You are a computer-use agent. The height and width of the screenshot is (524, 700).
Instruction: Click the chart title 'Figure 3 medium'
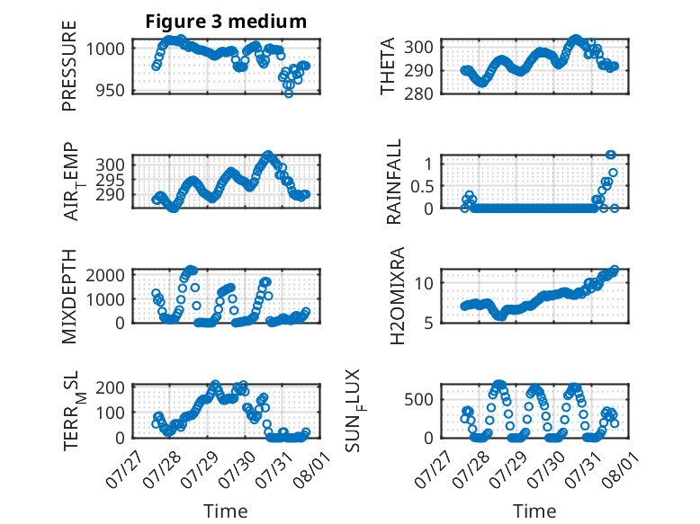tap(226, 22)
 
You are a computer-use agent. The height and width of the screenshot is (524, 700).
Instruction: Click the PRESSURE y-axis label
tap(69, 66)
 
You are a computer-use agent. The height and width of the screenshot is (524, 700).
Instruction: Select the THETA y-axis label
tap(388, 66)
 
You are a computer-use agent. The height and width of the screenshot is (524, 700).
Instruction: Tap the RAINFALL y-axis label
tap(394, 182)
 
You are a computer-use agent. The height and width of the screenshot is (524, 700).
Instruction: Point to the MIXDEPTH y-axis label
tap(69, 297)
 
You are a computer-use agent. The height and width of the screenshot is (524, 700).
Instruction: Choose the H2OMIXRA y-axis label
tap(397, 296)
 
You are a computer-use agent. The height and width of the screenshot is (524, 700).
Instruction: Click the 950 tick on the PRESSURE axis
tap(110, 91)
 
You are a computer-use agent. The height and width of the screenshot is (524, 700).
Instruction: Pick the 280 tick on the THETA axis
tap(418, 94)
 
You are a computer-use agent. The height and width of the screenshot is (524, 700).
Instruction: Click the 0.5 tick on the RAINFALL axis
tap(422, 186)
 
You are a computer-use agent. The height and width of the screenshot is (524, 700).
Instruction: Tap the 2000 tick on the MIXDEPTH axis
tap(105, 275)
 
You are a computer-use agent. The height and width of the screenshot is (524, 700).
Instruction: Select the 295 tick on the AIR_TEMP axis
tap(110, 180)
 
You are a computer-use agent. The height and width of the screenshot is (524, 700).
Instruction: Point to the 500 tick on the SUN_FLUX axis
tap(418, 399)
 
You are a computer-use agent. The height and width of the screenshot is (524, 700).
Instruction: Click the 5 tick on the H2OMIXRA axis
tap(428, 323)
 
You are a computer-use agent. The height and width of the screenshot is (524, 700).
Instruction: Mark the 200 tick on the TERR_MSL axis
tap(110, 387)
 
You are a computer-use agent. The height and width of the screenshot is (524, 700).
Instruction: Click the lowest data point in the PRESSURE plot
tap(289, 93)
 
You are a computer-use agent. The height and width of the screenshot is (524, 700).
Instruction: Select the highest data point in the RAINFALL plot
tap(611, 155)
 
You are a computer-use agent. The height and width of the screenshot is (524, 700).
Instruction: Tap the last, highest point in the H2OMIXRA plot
tap(615, 270)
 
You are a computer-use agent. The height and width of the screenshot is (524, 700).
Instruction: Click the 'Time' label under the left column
tap(226, 511)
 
